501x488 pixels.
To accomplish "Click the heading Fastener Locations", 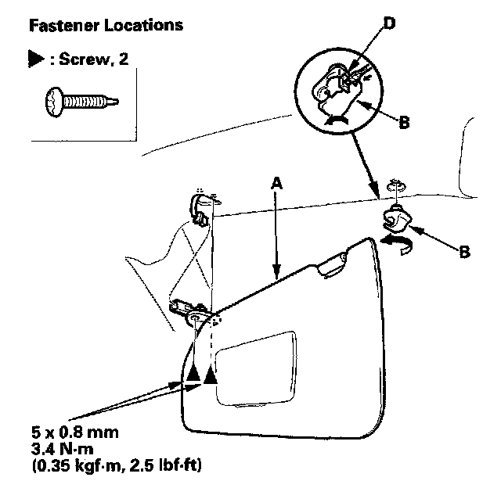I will pos(105,25).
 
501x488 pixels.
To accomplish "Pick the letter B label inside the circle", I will pos(405,123).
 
